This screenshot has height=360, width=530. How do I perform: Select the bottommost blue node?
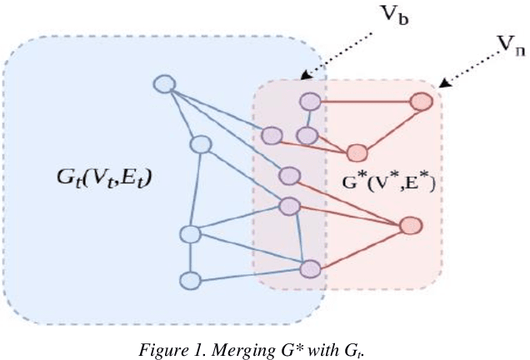191,280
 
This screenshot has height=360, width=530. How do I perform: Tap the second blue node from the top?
199,144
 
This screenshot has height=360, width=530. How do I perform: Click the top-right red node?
422,102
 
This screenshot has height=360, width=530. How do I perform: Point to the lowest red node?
409,226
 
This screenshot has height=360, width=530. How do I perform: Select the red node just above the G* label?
357,152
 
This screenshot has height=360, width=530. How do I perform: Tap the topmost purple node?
311,102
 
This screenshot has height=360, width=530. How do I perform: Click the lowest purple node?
310,269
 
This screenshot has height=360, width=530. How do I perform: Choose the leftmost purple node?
271,134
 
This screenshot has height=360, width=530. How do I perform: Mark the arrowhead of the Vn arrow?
442,83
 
